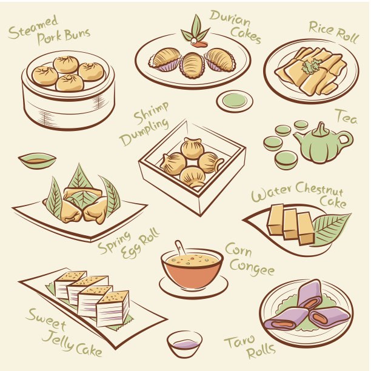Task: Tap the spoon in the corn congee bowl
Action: (180, 248)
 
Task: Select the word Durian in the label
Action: (230, 18)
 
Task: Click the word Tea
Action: (347, 117)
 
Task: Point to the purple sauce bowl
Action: (184, 344)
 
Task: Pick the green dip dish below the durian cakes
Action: (235, 101)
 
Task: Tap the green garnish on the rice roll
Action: (312, 66)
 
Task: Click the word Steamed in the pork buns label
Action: (33, 27)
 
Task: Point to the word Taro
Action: (239, 342)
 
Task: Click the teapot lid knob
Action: (321, 129)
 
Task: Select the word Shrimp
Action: (152, 113)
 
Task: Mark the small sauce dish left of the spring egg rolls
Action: (37, 161)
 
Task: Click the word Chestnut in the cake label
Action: (319, 190)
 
